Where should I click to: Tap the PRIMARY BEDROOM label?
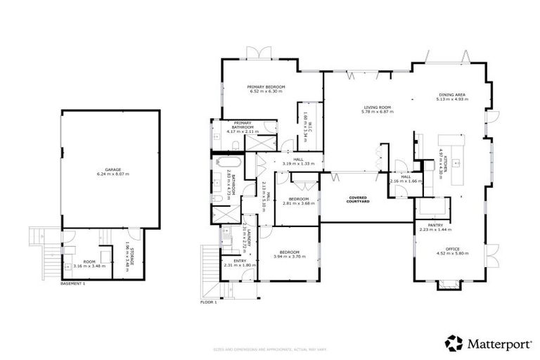264,86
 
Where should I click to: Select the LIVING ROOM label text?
375,108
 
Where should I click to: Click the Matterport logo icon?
454,343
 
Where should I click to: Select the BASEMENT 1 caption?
72,283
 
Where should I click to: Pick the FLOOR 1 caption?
210,302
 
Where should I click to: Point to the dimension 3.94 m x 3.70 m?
290,257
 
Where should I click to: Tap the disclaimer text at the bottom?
271,349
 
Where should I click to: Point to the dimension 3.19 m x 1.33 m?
298,163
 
